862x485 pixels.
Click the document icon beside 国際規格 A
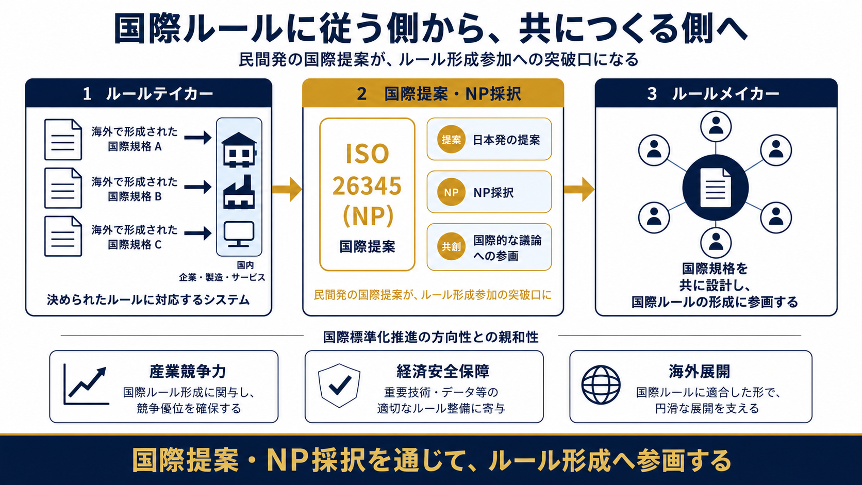coord(63,140)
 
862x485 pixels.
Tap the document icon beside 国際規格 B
coord(63,188)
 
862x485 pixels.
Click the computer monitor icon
coord(239,234)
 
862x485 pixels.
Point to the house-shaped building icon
coord(239,149)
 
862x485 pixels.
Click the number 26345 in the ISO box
coord(367,186)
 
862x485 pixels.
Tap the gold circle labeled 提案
coord(451,139)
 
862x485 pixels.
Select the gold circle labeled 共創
coord(451,246)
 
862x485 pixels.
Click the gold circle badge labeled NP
coord(451,192)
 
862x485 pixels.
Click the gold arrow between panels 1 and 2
coord(287,189)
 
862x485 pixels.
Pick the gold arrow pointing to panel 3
coord(579,189)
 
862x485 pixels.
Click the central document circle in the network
coord(716,188)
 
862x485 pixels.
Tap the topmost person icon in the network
coord(716,127)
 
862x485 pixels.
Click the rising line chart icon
coord(86,384)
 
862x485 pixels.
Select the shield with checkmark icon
coord(339,386)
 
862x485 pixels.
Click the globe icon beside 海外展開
coord(601,385)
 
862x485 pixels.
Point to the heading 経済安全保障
coord(443,371)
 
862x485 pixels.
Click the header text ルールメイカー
coord(725,93)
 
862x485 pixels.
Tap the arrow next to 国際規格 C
coord(198,233)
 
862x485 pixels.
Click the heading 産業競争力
coord(188,371)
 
